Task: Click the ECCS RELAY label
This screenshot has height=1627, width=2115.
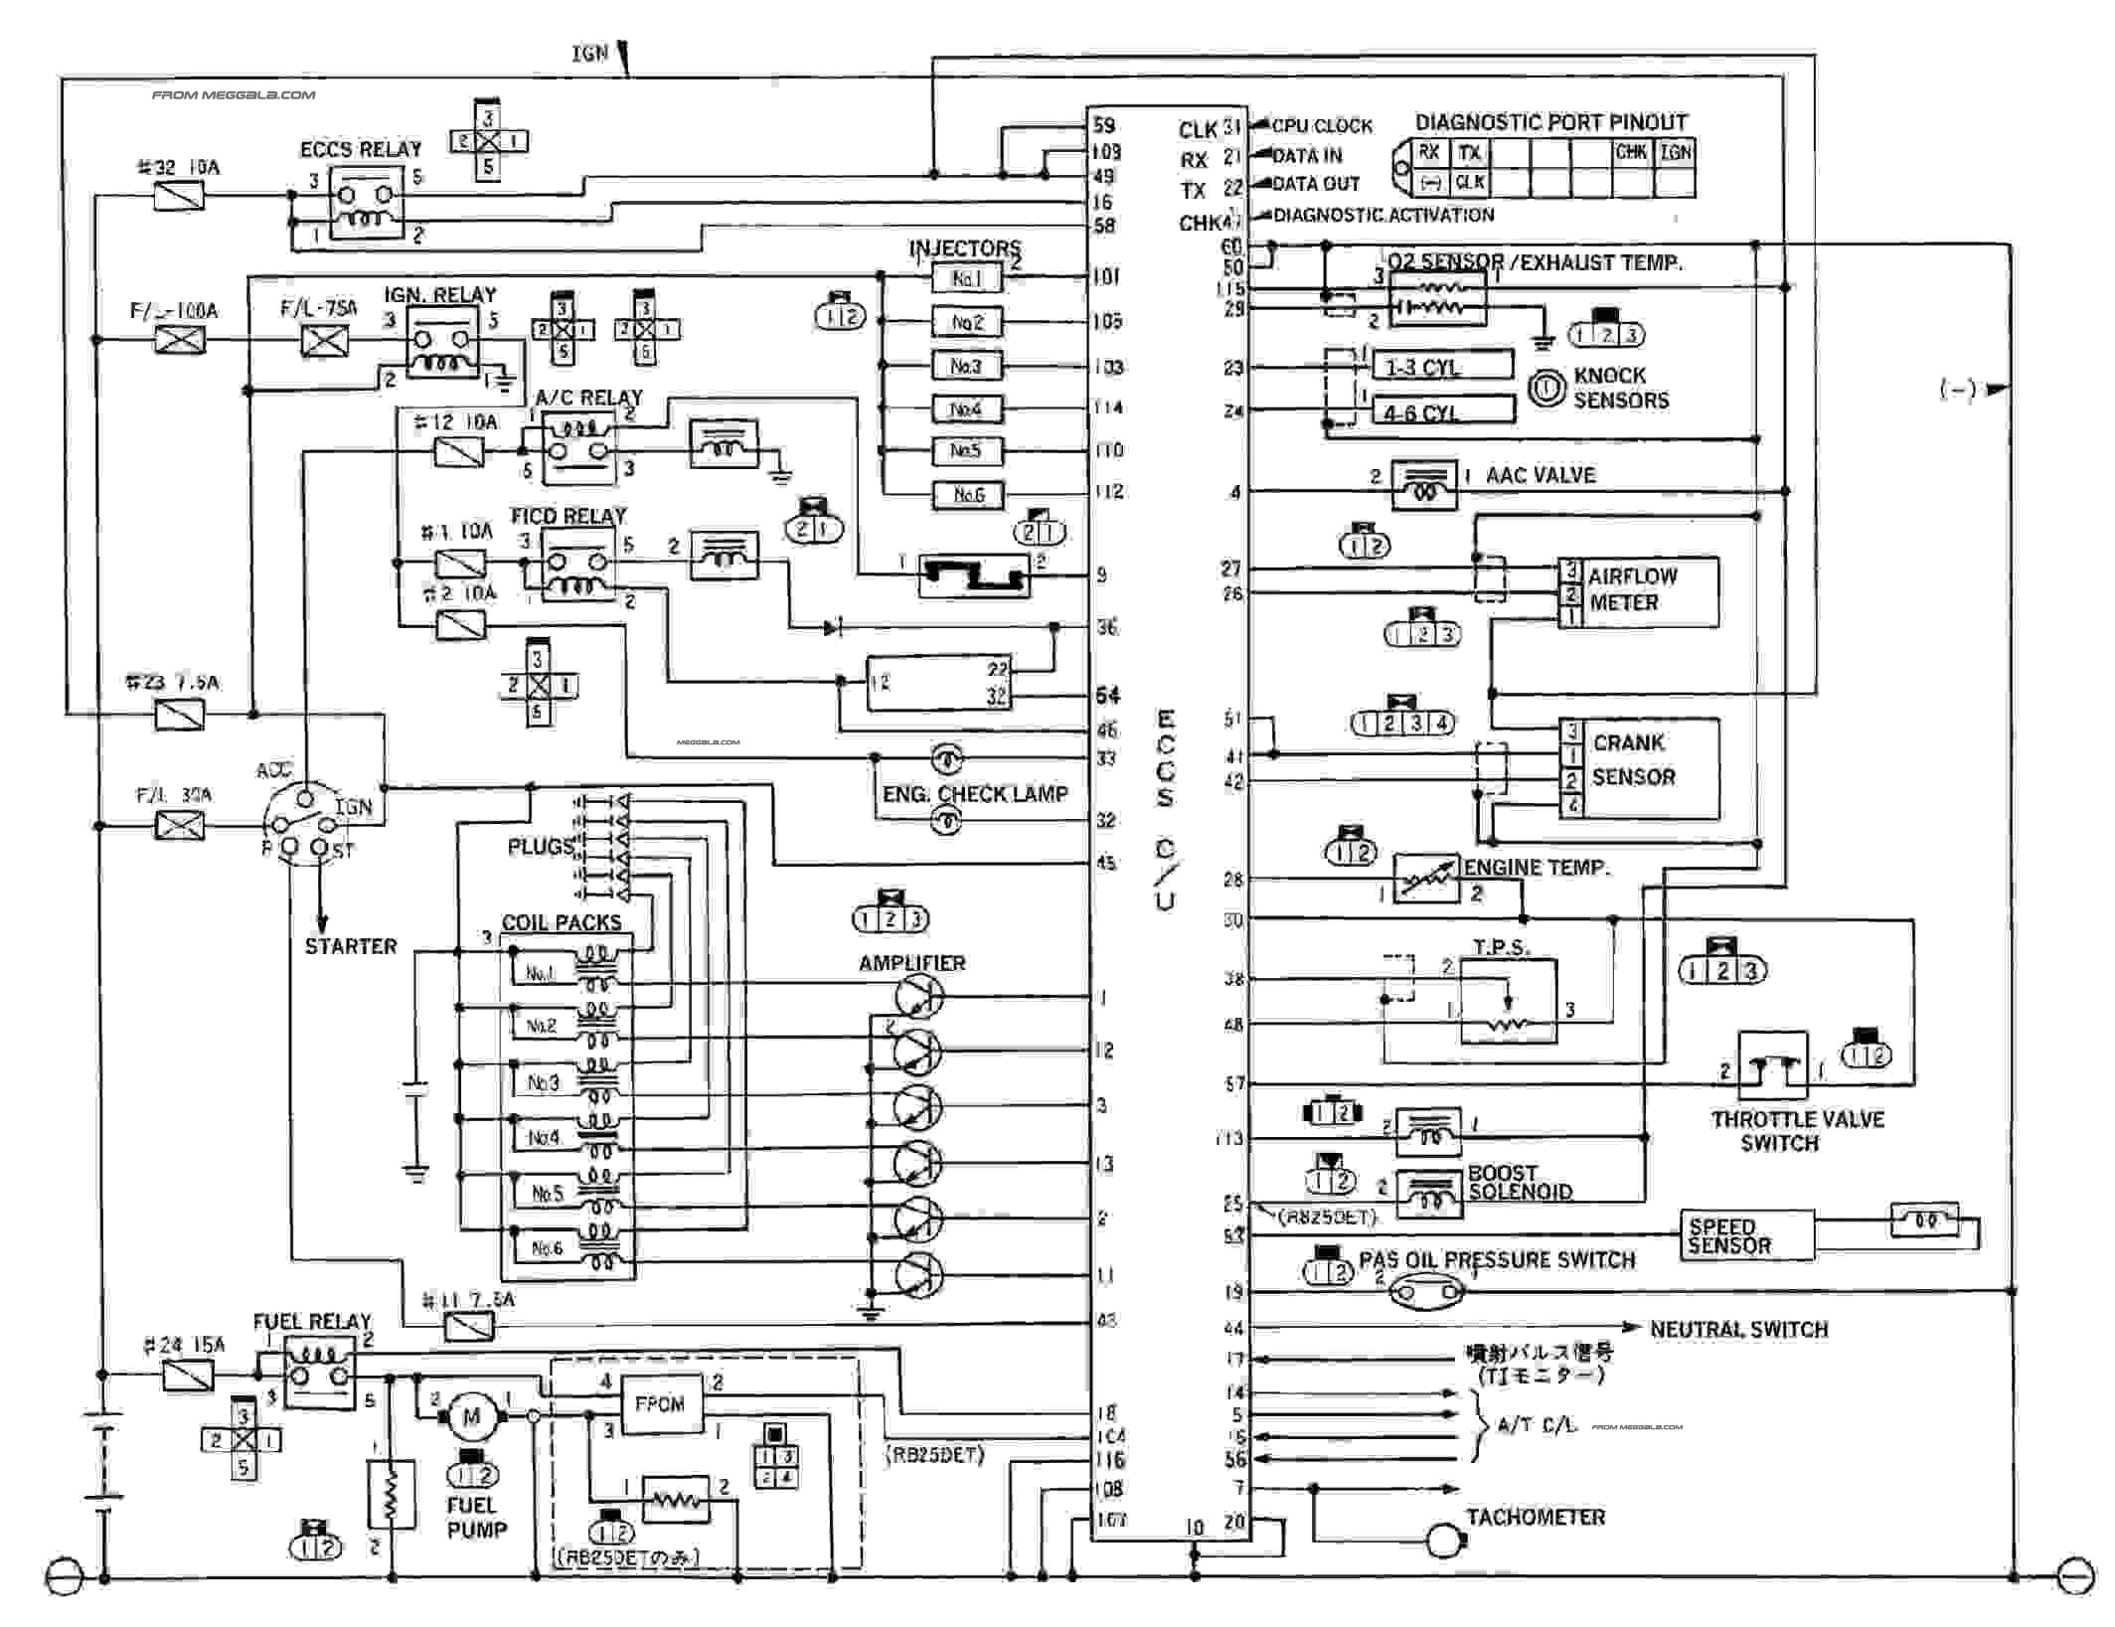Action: (x=361, y=149)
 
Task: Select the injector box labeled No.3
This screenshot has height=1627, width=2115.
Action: (x=966, y=366)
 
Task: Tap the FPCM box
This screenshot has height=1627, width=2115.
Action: (x=660, y=1403)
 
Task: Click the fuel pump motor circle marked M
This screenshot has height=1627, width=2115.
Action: (x=471, y=1415)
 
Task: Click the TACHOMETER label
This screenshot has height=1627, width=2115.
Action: (x=1536, y=1517)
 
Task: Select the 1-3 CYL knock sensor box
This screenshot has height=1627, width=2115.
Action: (x=1440, y=367)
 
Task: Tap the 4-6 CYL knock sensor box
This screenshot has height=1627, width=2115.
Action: (x=1440, y=411)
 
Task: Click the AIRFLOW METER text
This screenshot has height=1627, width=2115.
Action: (x=1632, y=589)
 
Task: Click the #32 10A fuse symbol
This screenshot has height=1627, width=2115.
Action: (x=180, y=196)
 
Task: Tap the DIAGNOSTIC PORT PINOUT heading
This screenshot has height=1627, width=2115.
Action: (x=1550, y=122)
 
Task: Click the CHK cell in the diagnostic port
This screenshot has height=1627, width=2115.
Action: (x=1631, y=153)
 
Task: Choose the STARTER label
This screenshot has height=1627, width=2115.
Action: (x=350, y=946)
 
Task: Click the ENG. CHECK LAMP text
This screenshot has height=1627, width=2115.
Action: (x=975, y=794)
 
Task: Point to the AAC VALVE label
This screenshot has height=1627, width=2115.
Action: (x=1540, y=475)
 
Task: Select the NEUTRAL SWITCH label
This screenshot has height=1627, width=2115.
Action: (x=1738, y=1329)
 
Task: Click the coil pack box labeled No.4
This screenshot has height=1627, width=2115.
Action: (x=544, y=1137)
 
